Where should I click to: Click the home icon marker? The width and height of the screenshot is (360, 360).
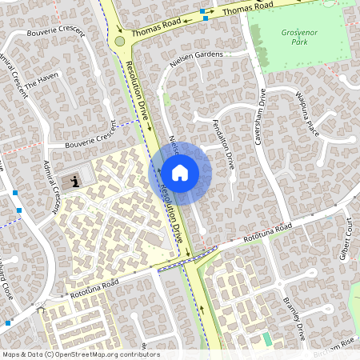pyautogui.click(x=180, y=173)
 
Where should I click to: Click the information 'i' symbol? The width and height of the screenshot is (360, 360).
pyautogui.click(x=75, y=182)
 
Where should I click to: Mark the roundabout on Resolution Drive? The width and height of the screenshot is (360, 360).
pyautogui.click(x=120, y=41)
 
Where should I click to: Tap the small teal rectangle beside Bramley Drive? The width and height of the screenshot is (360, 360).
pyautogui.click(x=267, y=339)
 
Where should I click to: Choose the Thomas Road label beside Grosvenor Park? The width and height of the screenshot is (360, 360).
pyautogui.click(x=248, y=10)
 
